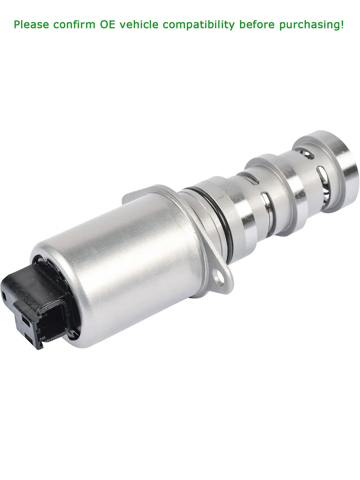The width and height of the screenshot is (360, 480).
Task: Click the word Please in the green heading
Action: [x=31, y=24]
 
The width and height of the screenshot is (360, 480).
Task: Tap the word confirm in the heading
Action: [x=74, y=24]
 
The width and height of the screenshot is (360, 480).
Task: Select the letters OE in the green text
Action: [x=108, y=24]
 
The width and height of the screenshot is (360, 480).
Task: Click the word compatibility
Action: [x=199, y=25]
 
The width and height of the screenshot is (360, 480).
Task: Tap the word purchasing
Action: [x=309, y=25]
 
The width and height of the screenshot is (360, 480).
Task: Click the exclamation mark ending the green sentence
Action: [x=342, y=24]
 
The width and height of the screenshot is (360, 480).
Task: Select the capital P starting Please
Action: [x=17, y=24]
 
